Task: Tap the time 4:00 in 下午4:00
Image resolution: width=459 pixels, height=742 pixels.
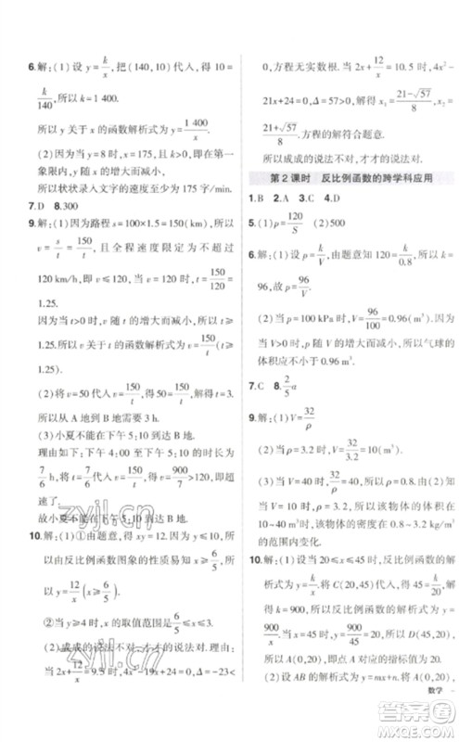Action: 123,452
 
